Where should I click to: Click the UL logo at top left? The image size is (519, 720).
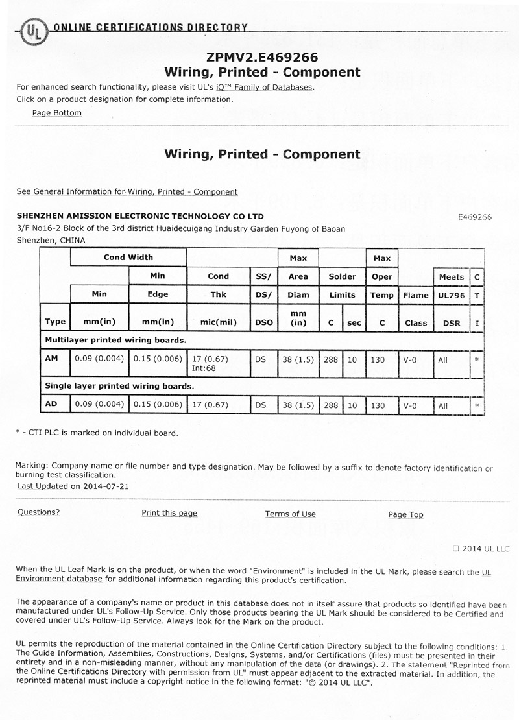[32, 30]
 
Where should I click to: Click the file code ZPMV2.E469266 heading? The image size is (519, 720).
[262, 57]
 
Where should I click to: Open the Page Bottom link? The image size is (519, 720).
[57, 113]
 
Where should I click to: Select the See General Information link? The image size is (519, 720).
[127, 192]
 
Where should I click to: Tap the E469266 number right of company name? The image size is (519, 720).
[474, 217]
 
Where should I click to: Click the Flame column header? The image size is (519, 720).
[416, 295]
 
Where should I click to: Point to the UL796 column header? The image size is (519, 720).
[452, 295]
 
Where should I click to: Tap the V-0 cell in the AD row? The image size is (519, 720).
[410, 405]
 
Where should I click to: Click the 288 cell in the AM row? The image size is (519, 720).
[331, 359]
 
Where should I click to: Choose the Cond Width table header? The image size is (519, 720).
[128, 258]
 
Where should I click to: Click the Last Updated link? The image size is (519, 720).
[43, 486]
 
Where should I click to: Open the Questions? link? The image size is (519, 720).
[39, 512]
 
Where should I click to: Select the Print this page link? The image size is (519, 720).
[169, 513]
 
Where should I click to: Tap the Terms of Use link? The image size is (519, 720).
[290, 514]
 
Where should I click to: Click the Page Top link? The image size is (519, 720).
[405, 515]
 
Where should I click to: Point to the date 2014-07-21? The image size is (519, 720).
[105, 486]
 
